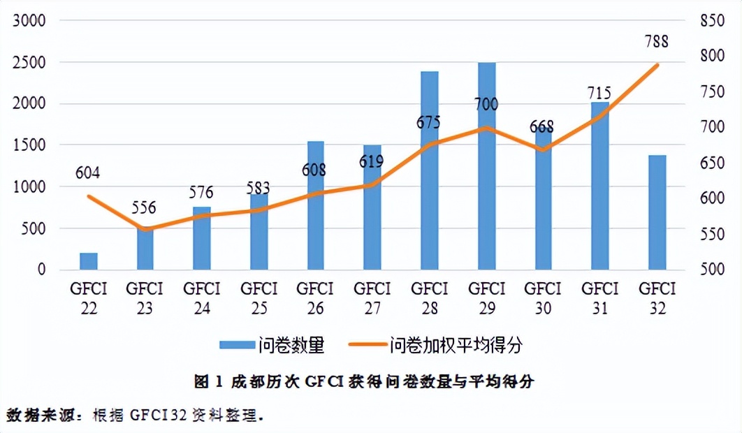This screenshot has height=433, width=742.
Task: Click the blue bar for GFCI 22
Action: [x=89, y=261]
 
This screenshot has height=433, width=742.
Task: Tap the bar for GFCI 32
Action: [x=657, y=212]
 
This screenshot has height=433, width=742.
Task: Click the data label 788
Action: [x=656, y=41]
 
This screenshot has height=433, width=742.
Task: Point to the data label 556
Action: [x=145, y=208]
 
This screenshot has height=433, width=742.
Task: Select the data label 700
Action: [x=486, y=105]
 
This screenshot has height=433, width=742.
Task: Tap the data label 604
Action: [x=89, y=173]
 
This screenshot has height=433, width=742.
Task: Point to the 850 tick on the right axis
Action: [x=712, y=21]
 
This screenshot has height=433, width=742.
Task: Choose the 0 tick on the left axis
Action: [x=41, y=270]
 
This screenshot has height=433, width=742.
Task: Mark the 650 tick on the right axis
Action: [x=712, y=163]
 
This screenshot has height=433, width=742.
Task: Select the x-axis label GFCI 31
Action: [x=600, y=298]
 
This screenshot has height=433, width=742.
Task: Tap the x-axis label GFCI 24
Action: [x=202, y=298]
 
